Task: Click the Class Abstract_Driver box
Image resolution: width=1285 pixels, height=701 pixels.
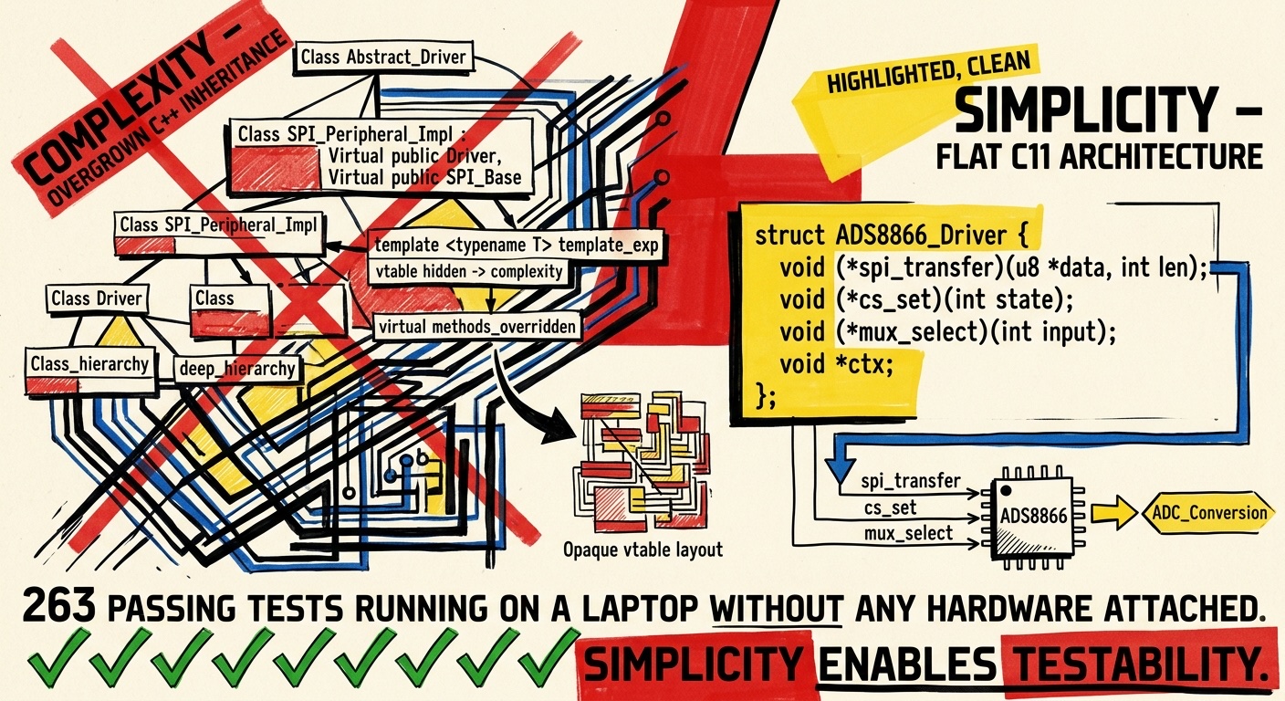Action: tap(383, 58)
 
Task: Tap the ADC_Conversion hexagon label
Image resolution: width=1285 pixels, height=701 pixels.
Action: tap(1210, 512)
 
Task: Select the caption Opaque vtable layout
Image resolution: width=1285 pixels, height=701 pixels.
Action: tap(642, 549)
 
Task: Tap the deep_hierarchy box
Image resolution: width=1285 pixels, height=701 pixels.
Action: tap(237, 369)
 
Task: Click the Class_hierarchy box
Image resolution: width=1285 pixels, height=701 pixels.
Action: tap(89, 364)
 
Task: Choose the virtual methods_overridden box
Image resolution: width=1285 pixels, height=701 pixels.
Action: tap(478, 327)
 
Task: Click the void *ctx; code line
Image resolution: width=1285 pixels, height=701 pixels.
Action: tap(836, 364)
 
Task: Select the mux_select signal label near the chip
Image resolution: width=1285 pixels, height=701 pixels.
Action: tap(907, 533)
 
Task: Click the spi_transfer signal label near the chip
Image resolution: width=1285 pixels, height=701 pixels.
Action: tap(910, 481)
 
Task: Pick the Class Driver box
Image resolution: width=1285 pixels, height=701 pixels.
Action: tap(97, 298)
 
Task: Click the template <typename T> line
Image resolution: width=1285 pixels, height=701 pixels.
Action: tap(517, 245)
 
